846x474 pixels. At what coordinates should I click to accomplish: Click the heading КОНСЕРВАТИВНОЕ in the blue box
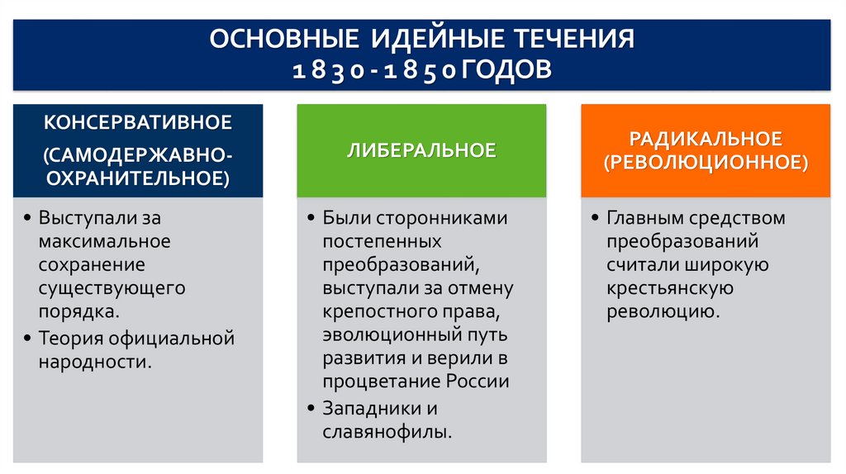tap(138, 123)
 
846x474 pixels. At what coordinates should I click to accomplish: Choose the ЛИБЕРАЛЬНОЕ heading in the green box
tap(421, 150)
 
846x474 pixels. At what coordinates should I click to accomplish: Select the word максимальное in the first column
tap(104, 241)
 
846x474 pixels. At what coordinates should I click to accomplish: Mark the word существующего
tap(112, 289)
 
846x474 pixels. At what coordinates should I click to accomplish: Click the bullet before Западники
tap(311, 409)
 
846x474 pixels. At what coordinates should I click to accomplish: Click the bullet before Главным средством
tap(595, 219)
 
